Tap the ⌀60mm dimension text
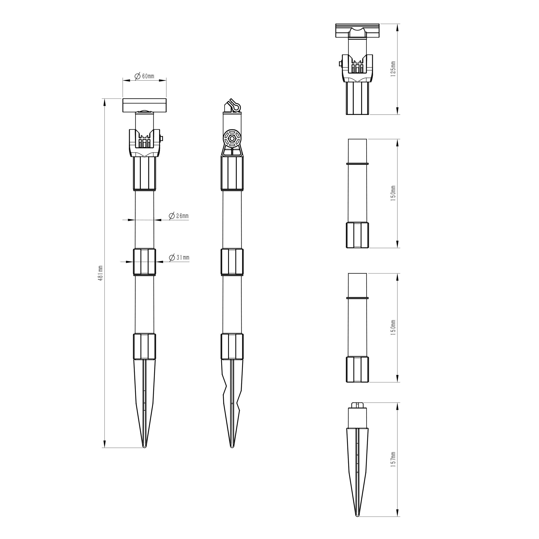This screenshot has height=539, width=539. pos(144,76)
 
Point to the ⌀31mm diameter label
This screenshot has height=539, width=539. pos(179,257)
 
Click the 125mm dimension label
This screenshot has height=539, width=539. pos(393,69)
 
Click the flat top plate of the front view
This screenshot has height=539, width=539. pos(144,105)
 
